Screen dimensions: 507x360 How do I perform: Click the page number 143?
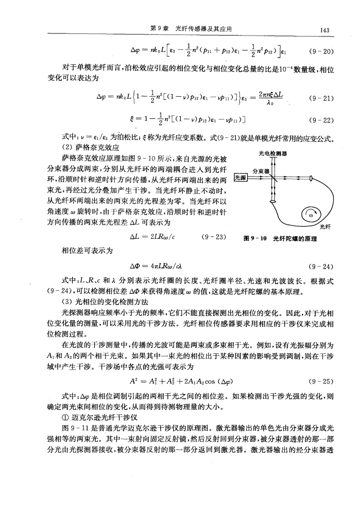324,30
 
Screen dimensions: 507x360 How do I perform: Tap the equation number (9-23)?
212,238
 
